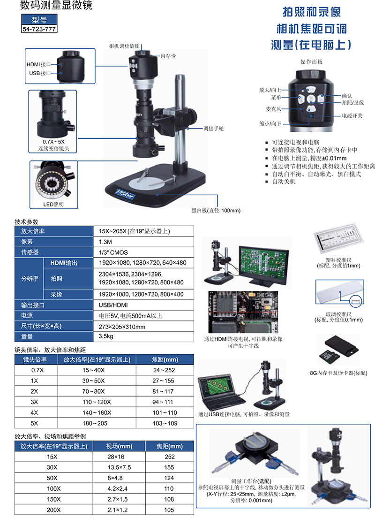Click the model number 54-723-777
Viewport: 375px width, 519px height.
39,29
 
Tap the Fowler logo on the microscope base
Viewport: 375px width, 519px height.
125,193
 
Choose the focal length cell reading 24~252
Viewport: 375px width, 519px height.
165,370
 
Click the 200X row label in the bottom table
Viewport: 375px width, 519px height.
53,510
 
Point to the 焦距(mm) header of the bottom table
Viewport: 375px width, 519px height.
169,446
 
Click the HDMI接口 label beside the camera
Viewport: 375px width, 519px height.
39,64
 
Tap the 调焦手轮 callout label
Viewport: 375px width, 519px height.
213,129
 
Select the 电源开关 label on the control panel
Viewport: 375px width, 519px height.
352,115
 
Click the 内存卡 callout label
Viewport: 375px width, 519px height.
168,56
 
